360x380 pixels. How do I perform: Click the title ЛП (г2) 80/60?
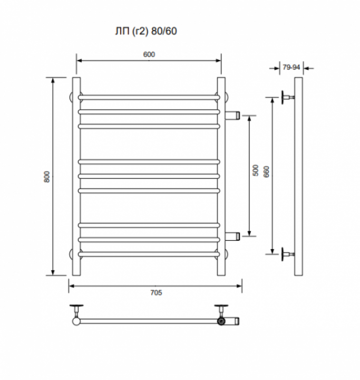(x=146, y=31)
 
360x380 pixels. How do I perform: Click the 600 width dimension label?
(x=149, y=54)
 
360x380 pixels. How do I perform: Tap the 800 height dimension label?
(x=47, y=177)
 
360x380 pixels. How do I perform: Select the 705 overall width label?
(x=156, y=292)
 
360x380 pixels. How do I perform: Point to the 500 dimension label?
(x=256, y=170)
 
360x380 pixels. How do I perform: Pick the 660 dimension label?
(x=266, y=172)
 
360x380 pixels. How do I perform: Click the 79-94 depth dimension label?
(x=291, y=67)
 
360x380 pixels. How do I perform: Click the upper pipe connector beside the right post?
(x=232, y=115)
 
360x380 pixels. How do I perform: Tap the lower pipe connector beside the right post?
(x=232, y=236)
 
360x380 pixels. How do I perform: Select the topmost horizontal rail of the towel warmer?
(x=149, y=98)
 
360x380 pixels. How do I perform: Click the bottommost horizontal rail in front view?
(x=149, y=254)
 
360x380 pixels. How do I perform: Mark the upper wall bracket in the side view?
(x=288, y=98)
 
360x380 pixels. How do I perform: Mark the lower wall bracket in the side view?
(x=288, y=254)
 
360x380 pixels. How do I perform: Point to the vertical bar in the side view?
(x=298, y=176)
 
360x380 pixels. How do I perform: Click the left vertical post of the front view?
(x=76, y=176)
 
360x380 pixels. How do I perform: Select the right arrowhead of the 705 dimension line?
(x=239, y=286)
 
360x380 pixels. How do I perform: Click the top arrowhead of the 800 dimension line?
(x=53, y=80)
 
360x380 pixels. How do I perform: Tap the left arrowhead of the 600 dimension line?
(x=80, y=61)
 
